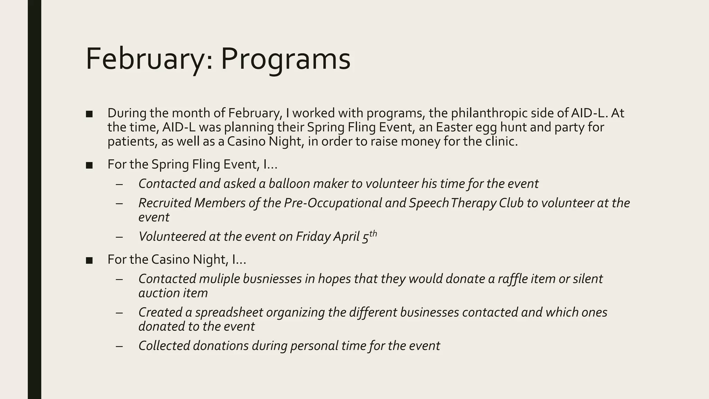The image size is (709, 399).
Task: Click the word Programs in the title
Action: click(x=286, y=59)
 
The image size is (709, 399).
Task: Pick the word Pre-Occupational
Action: click(x=333, y=203)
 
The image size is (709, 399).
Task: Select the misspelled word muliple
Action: click(x=219, y=279)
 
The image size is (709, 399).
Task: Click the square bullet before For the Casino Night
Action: click(x=89, y=260)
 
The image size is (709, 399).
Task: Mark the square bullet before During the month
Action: click(x=89, y=114)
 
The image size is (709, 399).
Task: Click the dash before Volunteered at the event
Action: click(x=119, y=237)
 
